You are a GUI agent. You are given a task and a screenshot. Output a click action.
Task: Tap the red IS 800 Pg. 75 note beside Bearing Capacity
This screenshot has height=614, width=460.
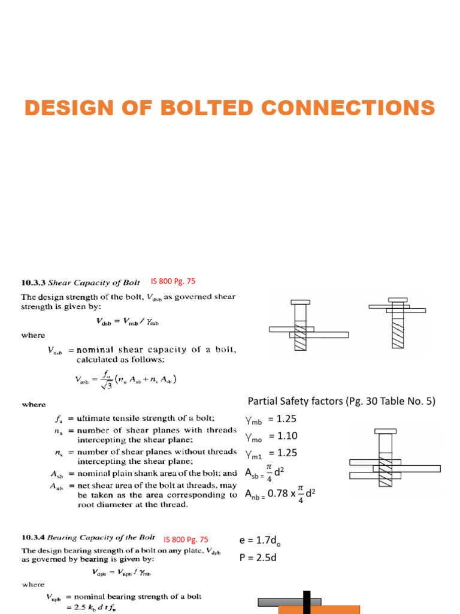pos(186,540)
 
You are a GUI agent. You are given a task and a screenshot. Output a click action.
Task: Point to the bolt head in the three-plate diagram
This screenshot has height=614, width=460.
pos(385,430)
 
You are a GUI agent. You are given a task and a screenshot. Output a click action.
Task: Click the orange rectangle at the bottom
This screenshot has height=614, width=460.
pos(319,610)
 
